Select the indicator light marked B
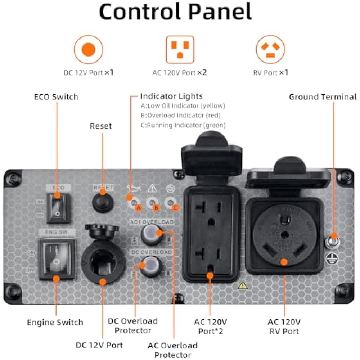(152, 203)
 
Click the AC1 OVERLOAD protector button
(151, 234)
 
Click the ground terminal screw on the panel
(333, 241)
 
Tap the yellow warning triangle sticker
(243, 285)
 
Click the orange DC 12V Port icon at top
(88, 49)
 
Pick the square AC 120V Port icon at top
(180, 49)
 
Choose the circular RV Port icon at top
(270, 49)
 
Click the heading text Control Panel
(175, 12)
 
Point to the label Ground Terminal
(323, 97)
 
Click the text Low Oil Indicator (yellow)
(183, 106)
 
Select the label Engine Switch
(55, 322)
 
